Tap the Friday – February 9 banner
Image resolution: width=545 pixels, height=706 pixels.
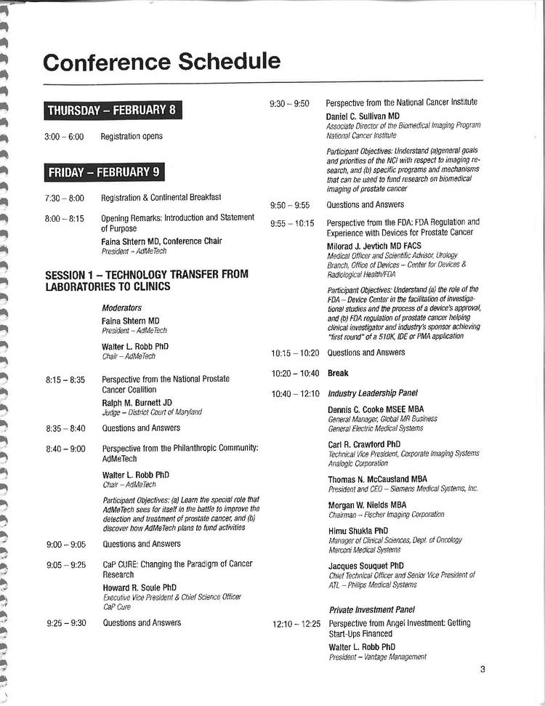pyautogui.click(x=103, y=172)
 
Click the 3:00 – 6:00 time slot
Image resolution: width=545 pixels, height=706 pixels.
pyautogui.click(x=65, y=136)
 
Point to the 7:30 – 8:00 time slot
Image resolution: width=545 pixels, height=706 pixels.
pyautogui.click(x=65, y=198)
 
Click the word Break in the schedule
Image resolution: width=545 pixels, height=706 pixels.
pyautogui.click(x=338, y=373)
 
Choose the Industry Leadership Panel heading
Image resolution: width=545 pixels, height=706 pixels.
pyautogui.click(x=372, y=393)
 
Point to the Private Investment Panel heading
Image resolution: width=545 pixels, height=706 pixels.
pyautogui.click(x=371, y=610)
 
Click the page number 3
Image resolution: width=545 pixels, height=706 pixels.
pyautogui.click(x=482, y=670)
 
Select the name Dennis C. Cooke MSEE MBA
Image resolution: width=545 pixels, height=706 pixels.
pyautogui.click(x=376, y=409)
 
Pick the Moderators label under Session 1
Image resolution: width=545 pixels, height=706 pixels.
pyautogui.click(x=121, y=308)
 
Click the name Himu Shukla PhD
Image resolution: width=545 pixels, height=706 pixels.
pyautogui.click(x=358, y=531)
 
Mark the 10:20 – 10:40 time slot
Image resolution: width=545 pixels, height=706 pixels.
pyautogui.click(x=295, y=373)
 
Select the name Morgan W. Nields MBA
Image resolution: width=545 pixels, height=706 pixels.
pyautogui.click(x=367, y=505)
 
